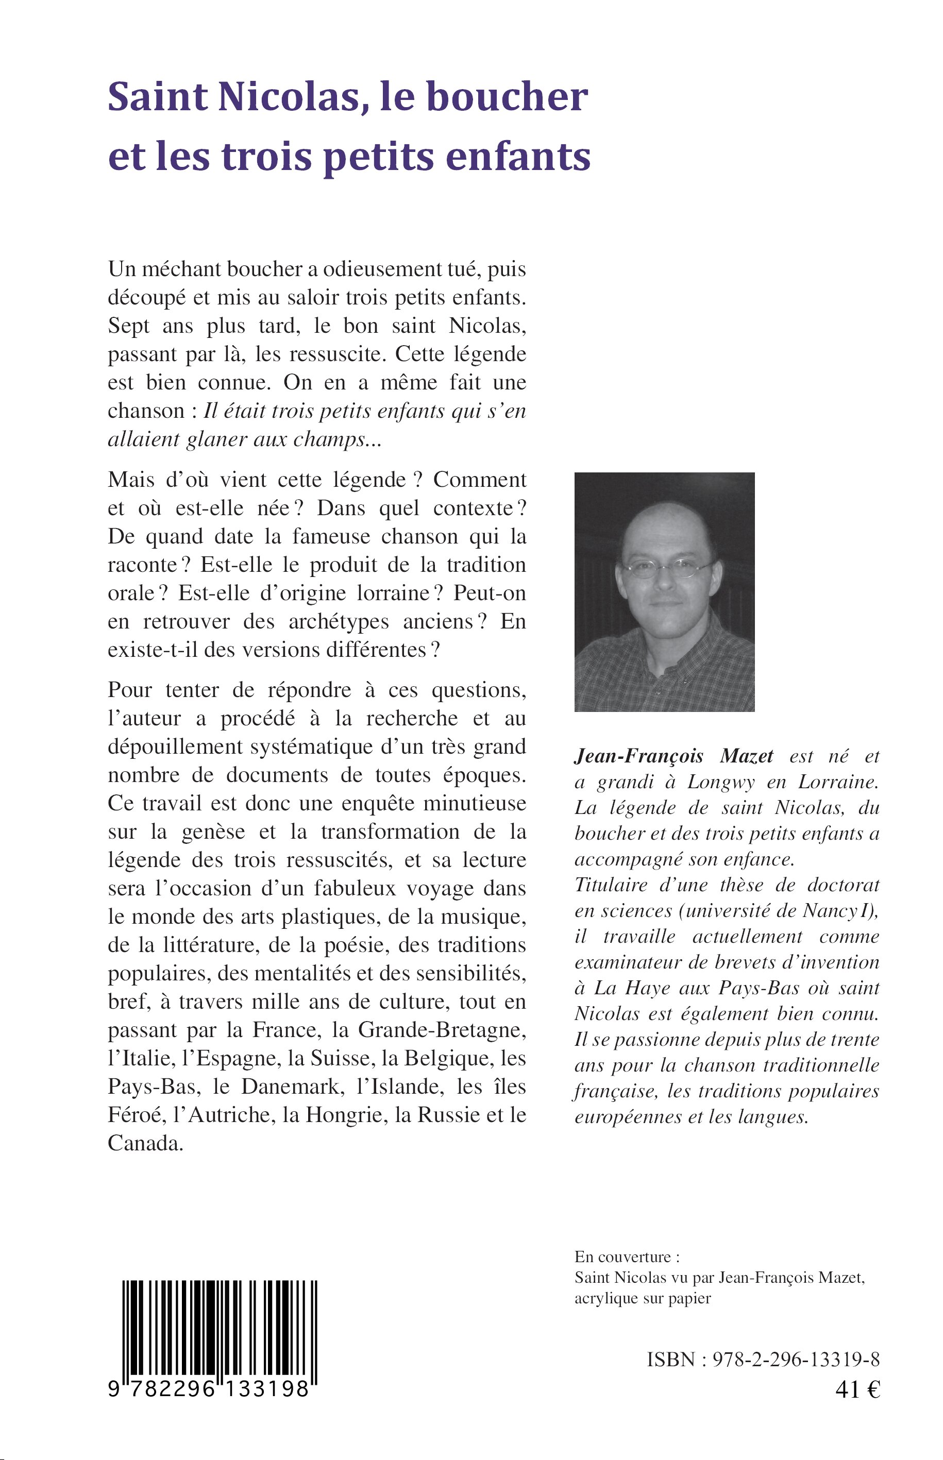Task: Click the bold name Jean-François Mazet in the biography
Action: click(673, 757)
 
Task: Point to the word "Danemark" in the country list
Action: click(291, 1086)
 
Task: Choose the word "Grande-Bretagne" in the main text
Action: click(442, 1030)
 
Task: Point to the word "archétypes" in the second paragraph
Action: click(331, 621)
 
